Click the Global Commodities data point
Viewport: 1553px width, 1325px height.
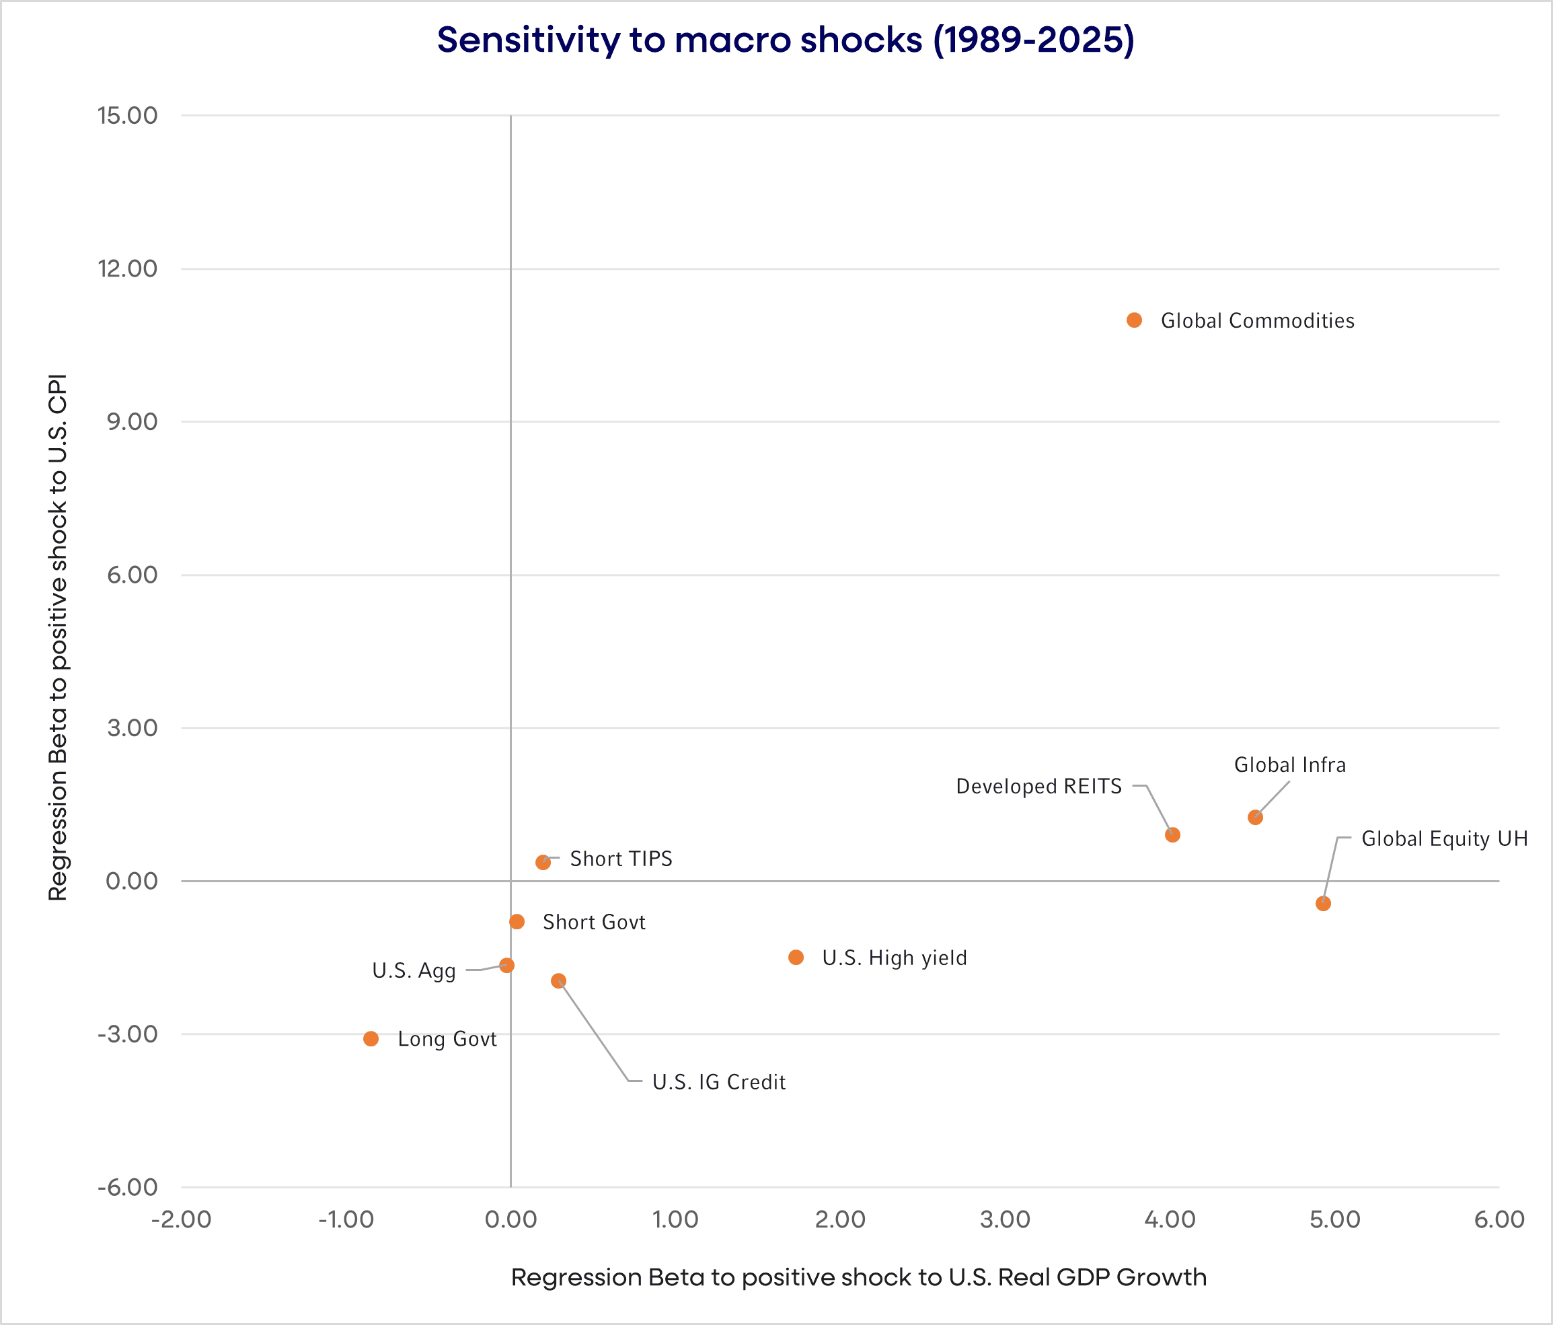1134,320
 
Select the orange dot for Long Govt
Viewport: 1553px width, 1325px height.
371,1038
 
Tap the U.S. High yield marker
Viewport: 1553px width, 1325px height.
796,958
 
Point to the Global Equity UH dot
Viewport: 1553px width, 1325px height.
1323,904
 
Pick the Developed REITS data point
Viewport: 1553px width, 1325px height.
1173,834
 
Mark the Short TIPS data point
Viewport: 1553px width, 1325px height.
543,862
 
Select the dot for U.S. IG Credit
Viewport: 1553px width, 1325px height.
558,981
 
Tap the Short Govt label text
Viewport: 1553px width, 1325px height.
594,923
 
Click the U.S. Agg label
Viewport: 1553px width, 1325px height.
414,971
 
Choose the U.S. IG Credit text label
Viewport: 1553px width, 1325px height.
719,1082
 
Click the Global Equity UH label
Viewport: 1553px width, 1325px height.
1444,838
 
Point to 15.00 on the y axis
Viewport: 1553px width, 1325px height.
127,116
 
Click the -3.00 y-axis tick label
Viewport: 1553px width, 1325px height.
127,1034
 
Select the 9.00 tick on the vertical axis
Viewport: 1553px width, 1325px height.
132,421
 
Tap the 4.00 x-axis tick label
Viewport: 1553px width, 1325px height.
1170,1219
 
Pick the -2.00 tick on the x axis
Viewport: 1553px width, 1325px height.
182,1219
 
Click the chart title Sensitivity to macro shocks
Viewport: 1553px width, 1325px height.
786,40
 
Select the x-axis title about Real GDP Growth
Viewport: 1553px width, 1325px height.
859,1277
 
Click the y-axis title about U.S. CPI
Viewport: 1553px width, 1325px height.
58,637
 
